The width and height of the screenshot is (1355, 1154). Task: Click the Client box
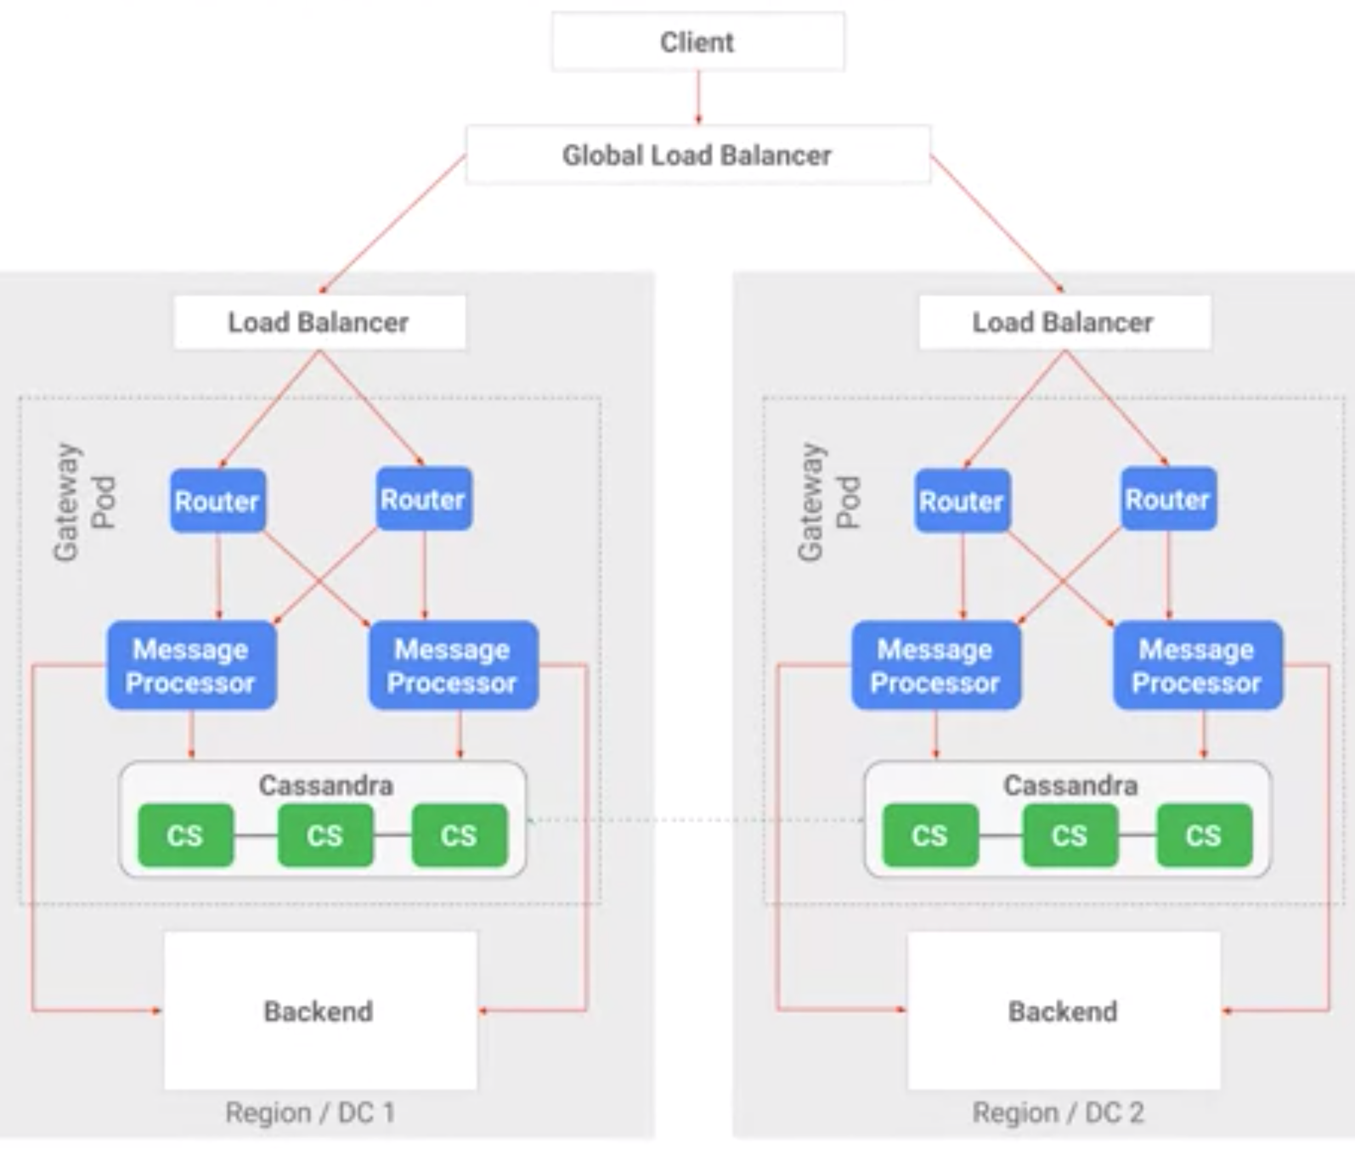pos(697,42)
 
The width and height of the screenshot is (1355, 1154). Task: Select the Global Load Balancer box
pos(697,155)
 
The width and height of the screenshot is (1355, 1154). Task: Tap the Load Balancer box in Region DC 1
pos(319,322)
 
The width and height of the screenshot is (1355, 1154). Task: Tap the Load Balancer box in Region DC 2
pos(1064,322)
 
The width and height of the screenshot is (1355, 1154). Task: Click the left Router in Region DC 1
pos(217,501)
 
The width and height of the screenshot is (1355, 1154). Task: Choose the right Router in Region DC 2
pos(1168,499)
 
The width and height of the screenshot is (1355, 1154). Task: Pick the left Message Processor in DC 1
pos(191,666)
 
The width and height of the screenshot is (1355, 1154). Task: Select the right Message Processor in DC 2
pos(1197,666)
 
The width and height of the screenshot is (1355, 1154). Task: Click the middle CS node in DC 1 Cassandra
pos(325,836)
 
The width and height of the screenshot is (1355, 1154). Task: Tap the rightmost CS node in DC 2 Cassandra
pos(1204,836)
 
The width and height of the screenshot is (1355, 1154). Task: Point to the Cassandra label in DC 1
pos(325,785)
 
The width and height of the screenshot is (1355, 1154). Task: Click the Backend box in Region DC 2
pos(1064,1010)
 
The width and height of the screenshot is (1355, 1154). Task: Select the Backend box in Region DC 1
pos(319,1010)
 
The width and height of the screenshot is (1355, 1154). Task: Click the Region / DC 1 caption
pos(310,1112)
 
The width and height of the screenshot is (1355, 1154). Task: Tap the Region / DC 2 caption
pos(1058,1112)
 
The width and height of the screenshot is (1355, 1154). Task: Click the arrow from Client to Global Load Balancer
pos(698,98)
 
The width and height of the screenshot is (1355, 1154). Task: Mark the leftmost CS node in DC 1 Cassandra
pos(185,836)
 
